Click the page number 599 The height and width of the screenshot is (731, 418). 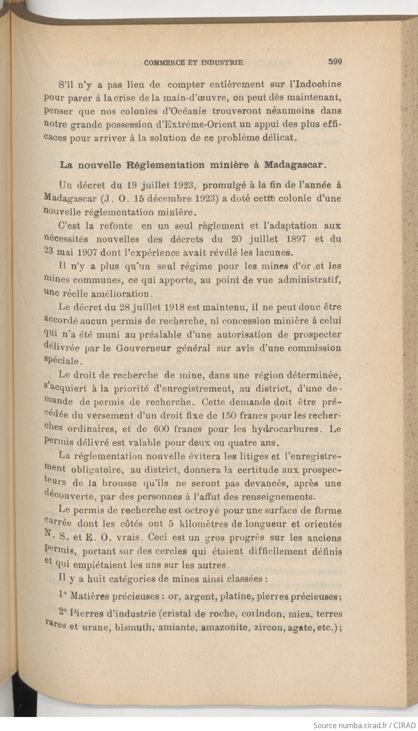(x=335, y=61)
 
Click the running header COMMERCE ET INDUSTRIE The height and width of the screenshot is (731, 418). (x=194, y=62)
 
